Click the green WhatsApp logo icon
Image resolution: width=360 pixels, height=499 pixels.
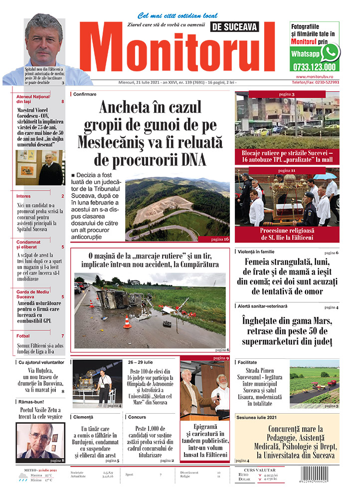(330, 52)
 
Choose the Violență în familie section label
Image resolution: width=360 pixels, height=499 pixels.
(263, 252)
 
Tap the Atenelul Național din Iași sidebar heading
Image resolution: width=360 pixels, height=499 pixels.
(34, 98)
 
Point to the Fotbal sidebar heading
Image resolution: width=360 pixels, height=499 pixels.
(23, 336)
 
